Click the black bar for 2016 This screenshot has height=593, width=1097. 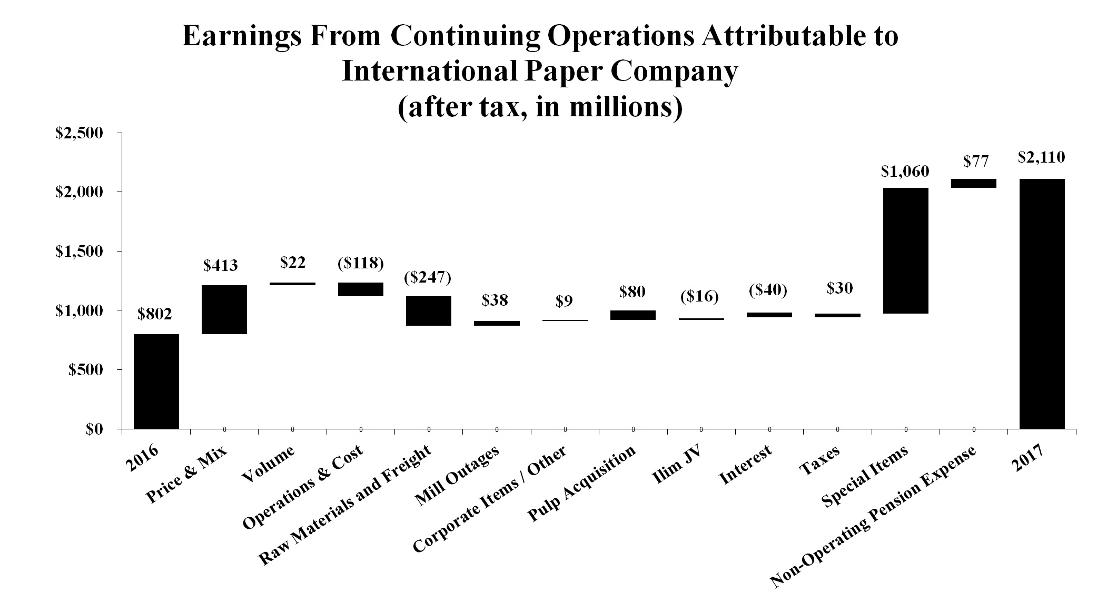(156, 381)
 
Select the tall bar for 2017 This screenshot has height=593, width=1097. (1042, 304)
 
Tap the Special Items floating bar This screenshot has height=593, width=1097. (906, 250)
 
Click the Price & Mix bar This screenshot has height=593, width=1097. (224, 309)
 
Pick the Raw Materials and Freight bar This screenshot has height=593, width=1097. (429, 310)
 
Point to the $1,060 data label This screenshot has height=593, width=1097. (905, 171)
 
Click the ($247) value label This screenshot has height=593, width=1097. (428, 277)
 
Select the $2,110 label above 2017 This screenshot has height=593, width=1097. (1041, 157)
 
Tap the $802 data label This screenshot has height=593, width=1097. (155, 314)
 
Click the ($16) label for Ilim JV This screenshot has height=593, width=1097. (699, 297)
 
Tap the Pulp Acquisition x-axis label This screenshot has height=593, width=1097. (582, 484)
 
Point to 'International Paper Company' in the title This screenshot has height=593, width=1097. (539, 72)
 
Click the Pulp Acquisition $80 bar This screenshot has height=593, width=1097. (633, 315)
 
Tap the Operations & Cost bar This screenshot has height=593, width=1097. (361, 289)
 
